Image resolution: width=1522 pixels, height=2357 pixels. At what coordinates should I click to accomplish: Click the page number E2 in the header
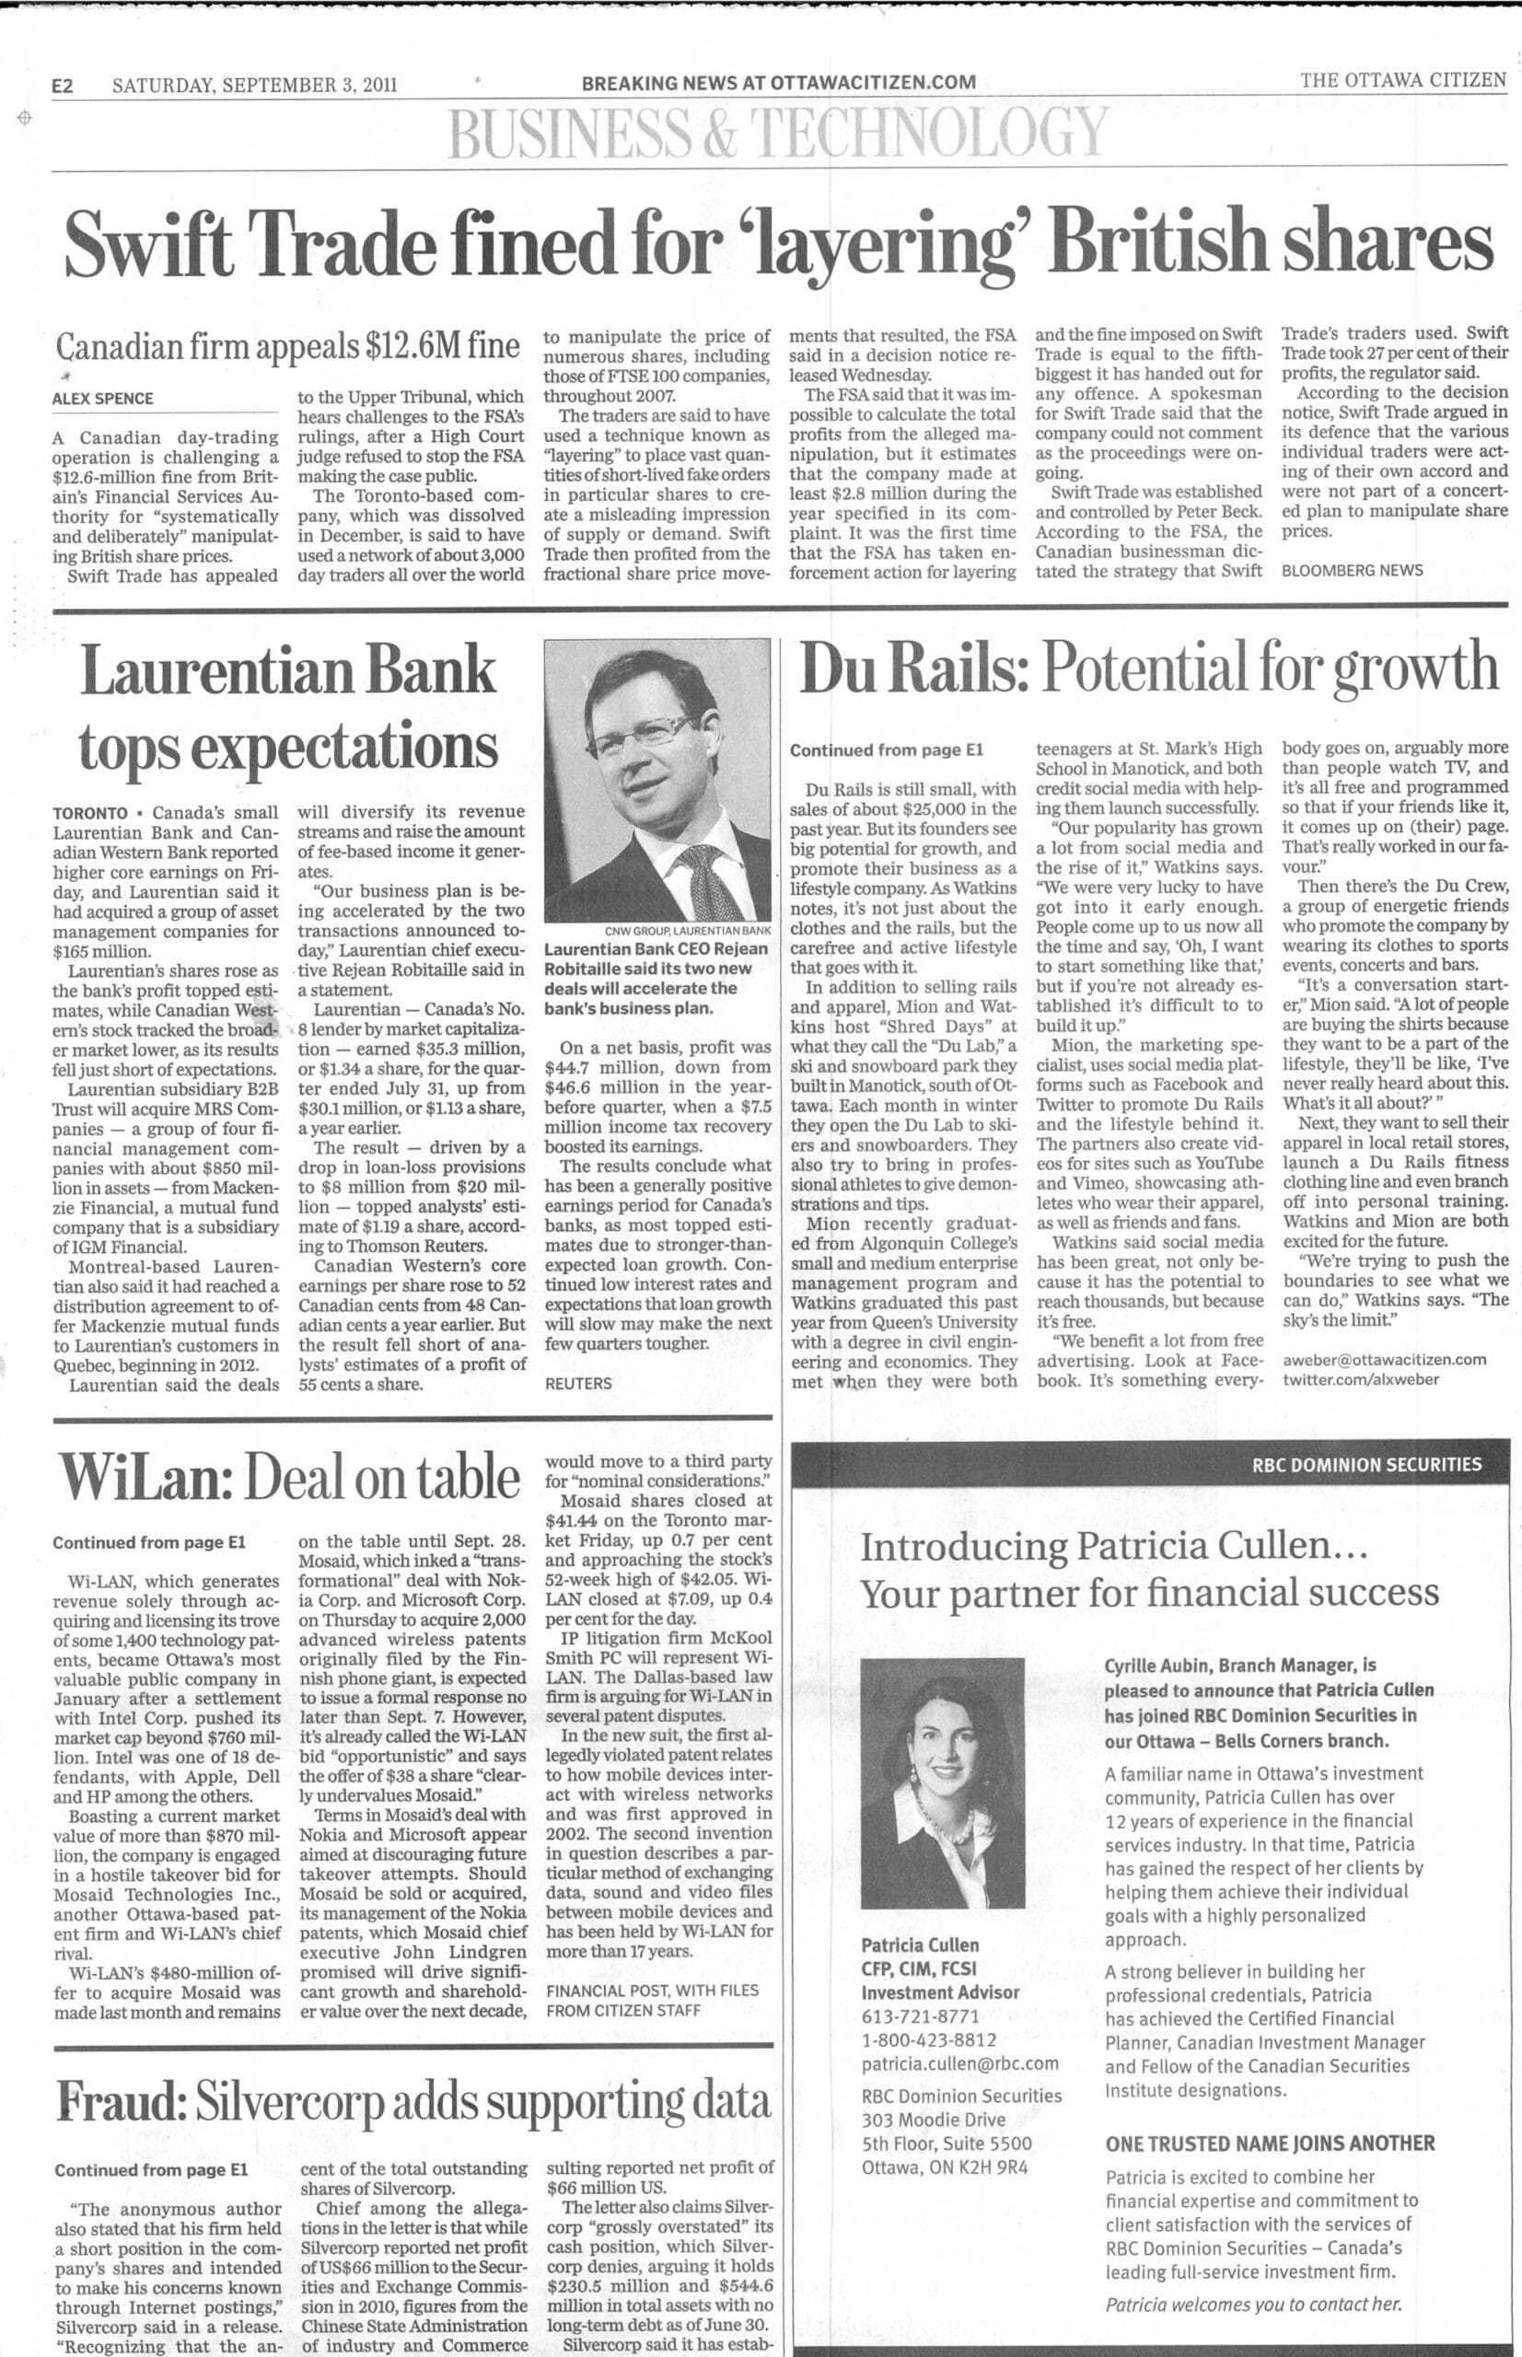[x=64, y=86]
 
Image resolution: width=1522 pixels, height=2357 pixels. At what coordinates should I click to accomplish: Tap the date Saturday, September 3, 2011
[x=254, y=85]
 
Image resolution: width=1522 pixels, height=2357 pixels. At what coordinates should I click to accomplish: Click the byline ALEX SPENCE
[x=102, y=399]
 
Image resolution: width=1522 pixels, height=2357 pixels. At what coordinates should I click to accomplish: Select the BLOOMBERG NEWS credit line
[x=1352, y=570]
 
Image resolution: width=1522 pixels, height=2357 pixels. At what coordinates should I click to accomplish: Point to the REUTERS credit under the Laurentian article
[x=578, y=1384]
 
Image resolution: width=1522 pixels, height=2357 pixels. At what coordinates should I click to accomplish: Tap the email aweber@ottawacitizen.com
[x=1384, y=1359]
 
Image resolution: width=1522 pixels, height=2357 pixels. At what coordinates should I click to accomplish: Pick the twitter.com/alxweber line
[x=1360, y=1378]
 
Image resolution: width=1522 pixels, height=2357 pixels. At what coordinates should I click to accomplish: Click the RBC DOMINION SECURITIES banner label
[x=1365, y=1465]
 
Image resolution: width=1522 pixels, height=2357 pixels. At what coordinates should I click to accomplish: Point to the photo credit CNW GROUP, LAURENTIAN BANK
[x=687, y=931]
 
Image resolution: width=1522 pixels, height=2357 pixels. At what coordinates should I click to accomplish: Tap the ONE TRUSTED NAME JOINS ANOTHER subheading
[x=1269, y=2143]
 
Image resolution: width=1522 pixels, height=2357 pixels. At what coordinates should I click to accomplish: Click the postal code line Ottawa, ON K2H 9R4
[x=944, y=2167]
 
